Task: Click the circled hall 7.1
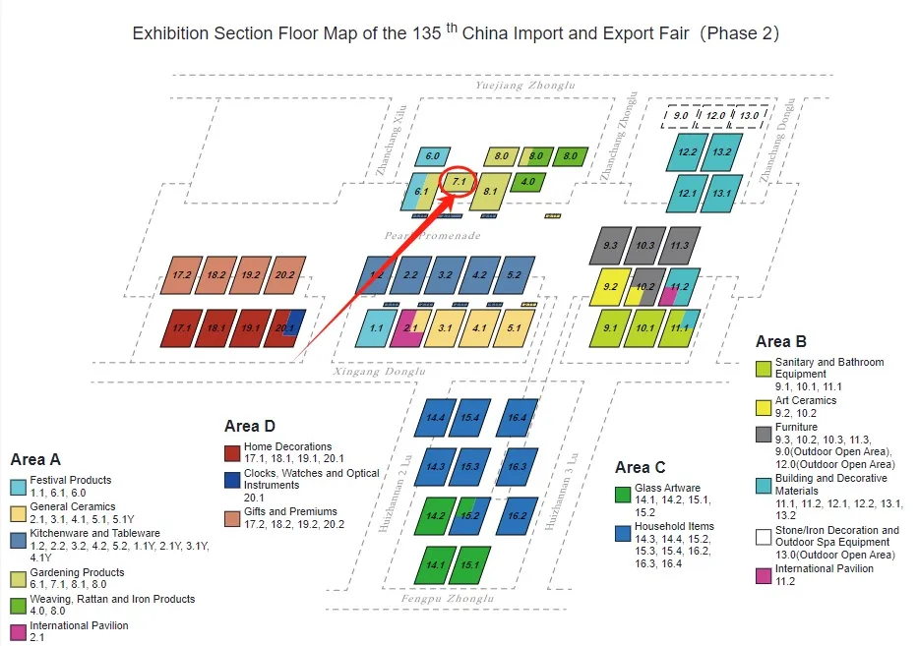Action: [459, 182]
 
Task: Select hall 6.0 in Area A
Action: [433, 156]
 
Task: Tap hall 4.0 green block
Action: [527, 182]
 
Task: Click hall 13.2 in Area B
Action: [721, 152]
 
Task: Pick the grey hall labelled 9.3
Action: [610, 245]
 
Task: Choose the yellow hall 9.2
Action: [610, 287]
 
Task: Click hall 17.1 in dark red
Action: [181, 327]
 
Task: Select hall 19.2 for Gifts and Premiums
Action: [250, 275]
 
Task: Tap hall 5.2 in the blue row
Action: [514, 275]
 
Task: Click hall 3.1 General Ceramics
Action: [445, 327]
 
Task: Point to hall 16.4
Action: [518, 417]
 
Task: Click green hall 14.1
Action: [434, 564]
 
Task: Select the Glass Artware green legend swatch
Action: [622, 494]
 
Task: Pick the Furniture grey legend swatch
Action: [764, 434]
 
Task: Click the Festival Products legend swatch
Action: [18, 487]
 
